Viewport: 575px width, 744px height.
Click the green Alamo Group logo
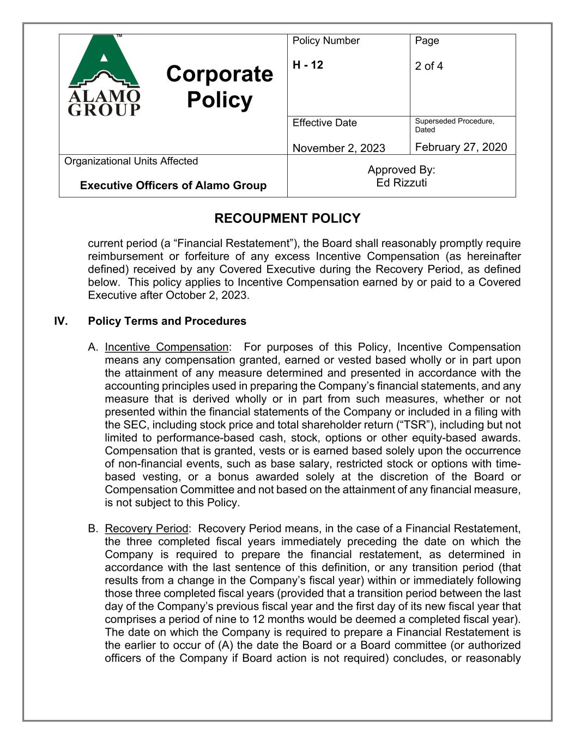pos(104,75)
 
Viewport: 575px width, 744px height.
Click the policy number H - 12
pos(308,65)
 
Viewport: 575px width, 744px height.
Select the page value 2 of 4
pos(429,66)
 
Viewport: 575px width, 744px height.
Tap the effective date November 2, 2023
pos(338,148)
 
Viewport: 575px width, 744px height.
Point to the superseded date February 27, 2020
pos(461,147)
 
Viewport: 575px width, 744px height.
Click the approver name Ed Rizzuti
pos(401,183)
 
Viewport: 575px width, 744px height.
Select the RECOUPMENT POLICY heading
pos(287,219)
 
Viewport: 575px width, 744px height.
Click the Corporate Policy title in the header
pos(219,87)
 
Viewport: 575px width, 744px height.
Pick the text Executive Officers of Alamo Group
pos(173,185)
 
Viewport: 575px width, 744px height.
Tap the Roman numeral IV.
pos(60,321)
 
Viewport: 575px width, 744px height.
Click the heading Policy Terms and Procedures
pos(167,321)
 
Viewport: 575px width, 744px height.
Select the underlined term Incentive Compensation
pos(166,347)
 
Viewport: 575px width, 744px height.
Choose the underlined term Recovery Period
pos(146,529)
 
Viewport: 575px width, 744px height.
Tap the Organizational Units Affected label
pos(131,161)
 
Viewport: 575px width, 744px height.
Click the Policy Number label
pos(326,41)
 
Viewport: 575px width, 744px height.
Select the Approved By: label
pos(401,170)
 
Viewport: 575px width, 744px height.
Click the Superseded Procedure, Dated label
pos(454,125)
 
